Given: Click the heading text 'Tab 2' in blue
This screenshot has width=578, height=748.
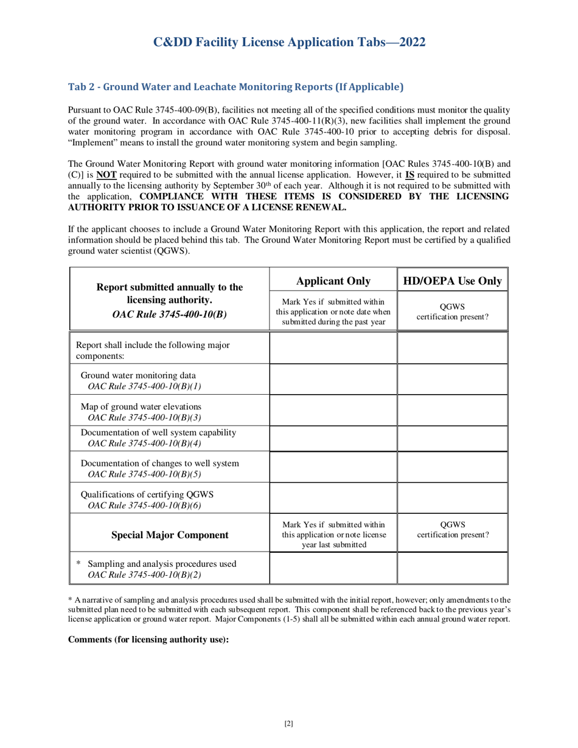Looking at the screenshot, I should [82, 87].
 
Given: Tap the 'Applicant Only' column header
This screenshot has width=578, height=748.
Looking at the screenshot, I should [333, 280].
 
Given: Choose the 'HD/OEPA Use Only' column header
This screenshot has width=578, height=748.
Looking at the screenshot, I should [452, 280].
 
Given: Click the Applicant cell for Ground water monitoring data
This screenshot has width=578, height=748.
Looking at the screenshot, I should [333, 379].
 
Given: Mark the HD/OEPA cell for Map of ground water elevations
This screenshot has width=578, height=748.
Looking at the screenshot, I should [452, 410].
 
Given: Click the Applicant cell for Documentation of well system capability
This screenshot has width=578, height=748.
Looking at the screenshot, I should [333, 438].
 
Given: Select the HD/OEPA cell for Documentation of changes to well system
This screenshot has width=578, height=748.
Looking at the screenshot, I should [452, 468].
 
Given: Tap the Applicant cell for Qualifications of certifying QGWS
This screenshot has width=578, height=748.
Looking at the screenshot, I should [333, 498].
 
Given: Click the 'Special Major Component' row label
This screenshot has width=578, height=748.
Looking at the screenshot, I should [170, 535].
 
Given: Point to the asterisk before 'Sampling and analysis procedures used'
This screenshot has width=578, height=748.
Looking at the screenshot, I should [78, 563].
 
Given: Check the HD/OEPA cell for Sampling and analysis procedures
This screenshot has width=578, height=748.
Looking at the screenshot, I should [452, 568].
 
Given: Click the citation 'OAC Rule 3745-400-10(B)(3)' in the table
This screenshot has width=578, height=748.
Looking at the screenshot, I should [145, 417].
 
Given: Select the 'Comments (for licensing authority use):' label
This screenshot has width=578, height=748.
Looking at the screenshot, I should [148, 639].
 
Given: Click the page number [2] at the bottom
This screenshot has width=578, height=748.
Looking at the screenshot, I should [289, 723].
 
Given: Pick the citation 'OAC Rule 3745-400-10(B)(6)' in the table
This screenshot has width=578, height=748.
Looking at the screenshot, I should [145, 505].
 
